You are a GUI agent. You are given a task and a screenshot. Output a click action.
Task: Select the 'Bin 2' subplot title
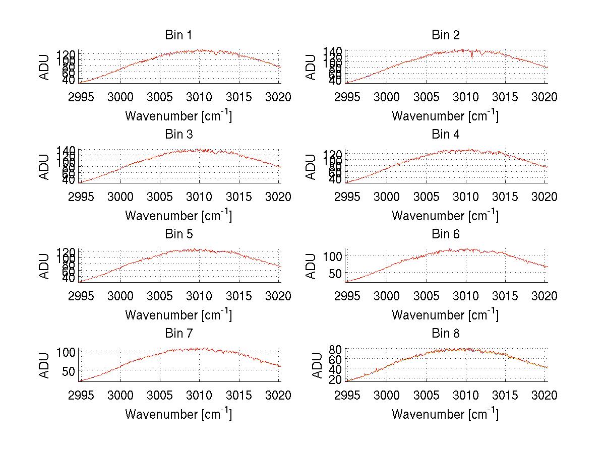point(445,35)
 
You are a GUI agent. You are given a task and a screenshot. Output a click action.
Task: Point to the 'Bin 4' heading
point(445,135)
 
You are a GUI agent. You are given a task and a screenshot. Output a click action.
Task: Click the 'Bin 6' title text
point(445,234)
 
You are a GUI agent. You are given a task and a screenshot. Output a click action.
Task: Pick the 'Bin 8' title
point(445,334)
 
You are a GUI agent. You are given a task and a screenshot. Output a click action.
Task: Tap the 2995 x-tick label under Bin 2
point(347,97)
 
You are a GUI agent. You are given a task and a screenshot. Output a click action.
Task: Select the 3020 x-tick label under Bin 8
point(544,396)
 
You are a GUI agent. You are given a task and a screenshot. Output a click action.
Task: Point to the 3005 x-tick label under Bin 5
point(160,296)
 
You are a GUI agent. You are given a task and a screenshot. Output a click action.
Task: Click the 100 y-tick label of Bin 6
point(333,256)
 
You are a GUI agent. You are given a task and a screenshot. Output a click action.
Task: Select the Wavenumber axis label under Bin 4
point(445,215)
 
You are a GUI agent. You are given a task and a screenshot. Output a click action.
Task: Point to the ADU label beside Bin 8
point(317,365)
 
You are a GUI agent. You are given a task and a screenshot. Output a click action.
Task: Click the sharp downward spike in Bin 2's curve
point(472,57)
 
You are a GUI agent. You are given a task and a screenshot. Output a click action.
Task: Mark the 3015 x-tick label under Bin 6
point(505,296)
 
